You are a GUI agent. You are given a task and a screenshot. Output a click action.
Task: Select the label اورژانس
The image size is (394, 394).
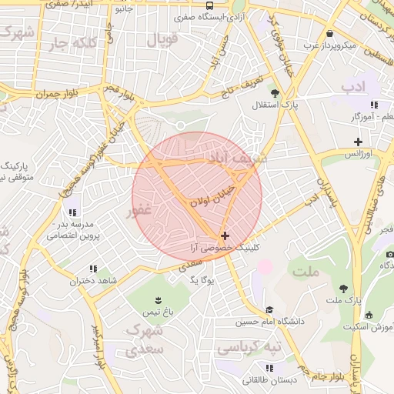pyautogui.click(x=357, y=154)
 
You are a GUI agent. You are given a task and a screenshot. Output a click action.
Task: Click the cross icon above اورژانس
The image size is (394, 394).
pyautogui.click(x=357, y=141)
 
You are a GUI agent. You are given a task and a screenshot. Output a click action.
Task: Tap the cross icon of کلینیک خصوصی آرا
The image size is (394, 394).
pyautogui.click(x=224, y=235)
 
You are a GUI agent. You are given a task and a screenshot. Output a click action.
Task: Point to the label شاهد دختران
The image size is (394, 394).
pyautogui.click(x=93, y=281)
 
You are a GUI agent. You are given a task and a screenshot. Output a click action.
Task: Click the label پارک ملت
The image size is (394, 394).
pyautogui.click(x=344, y=299)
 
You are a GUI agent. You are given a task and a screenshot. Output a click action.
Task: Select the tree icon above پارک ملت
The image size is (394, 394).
pyautogui.click(x=343, y=288)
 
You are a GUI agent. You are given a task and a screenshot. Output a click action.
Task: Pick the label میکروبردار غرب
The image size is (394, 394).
pyautogui.click(x=329, y=45)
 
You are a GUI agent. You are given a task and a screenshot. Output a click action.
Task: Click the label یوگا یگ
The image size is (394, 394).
pyautogui.click(x=201, y=279)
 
